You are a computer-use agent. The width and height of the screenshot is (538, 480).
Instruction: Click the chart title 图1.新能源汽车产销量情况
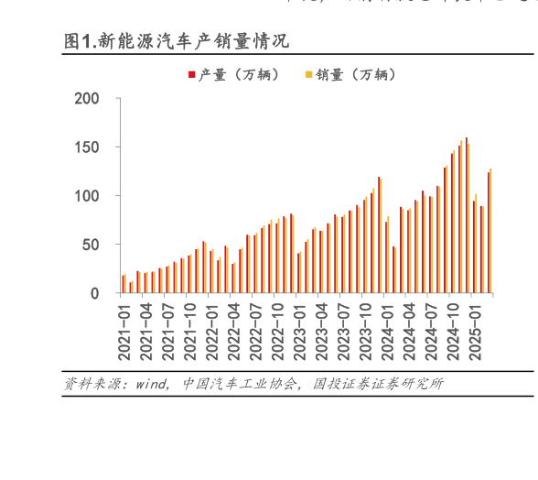coord(176,41)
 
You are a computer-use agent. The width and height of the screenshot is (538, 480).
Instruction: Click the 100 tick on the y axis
coord(98,196)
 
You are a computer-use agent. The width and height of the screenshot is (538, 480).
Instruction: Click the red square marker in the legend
coord(191,75)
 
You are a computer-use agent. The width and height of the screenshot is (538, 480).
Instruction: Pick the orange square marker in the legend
coord(308,75)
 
